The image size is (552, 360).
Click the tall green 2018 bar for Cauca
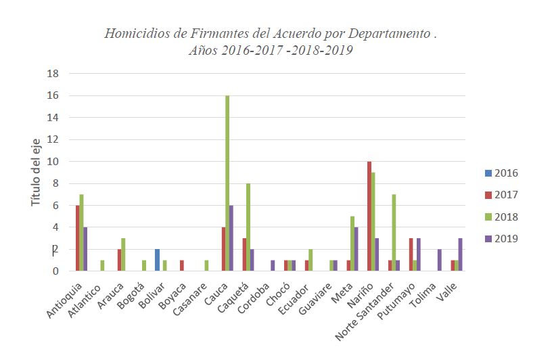(x=227, y=183)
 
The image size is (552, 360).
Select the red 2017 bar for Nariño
(x=369, y=217)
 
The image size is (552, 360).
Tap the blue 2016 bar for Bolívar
(x=157, y=261)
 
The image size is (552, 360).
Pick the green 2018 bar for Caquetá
(x=248, y=227)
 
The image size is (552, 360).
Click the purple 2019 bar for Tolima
(x=440, y=261)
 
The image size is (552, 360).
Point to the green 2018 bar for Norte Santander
(x=394, y=233)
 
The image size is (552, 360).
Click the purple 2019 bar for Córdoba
(x=273, y=266)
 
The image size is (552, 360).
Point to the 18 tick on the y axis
(x=53, y=73)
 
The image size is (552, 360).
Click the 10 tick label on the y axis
(x=53, y=161)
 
